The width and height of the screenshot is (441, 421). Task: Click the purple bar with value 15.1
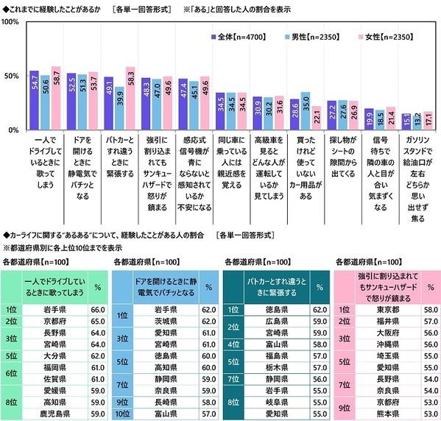click(x=406, y=122)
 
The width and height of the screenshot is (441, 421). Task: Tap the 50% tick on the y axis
click(x=13, y=77)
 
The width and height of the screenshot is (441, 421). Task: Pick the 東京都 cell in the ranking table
click(x=373, y=310)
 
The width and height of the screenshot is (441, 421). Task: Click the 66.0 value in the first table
click(x=94, y=310)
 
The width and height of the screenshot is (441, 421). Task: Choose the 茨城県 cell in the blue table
click(x=157, y=321)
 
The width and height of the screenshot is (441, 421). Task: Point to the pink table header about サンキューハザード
click(x=378, y=287)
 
